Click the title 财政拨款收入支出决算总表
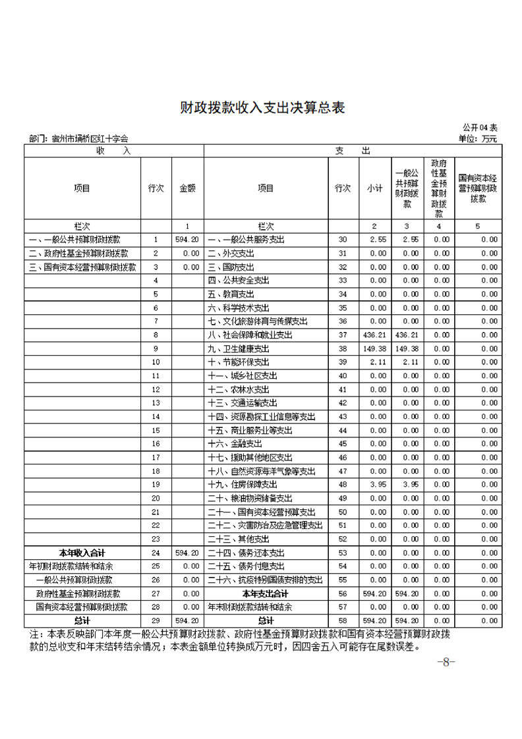click(262, 108)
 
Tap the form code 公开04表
click(480, 127)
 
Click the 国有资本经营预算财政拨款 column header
click(478, 188)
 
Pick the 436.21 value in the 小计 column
click(374, 335)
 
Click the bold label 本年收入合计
click(82, 552)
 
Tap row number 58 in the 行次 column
click(342, 620)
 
